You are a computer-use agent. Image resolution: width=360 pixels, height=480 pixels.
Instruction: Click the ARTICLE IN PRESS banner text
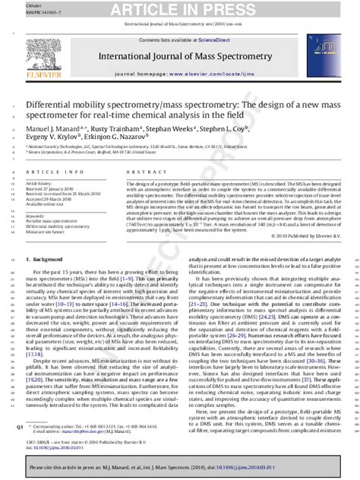click(x=180, y=8)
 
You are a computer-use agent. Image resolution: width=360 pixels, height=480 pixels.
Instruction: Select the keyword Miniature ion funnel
click(x=47, y=231)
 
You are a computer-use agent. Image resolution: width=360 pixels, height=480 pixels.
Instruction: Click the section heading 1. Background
click(x=49, y=260)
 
